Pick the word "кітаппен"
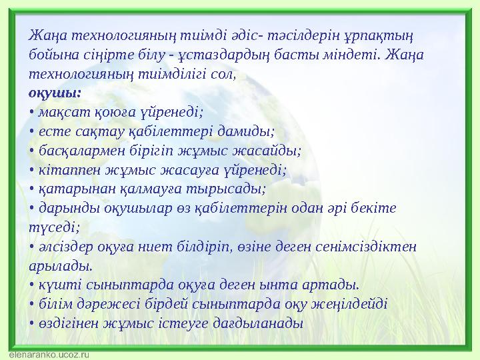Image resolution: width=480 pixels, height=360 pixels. coord(65,169)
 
